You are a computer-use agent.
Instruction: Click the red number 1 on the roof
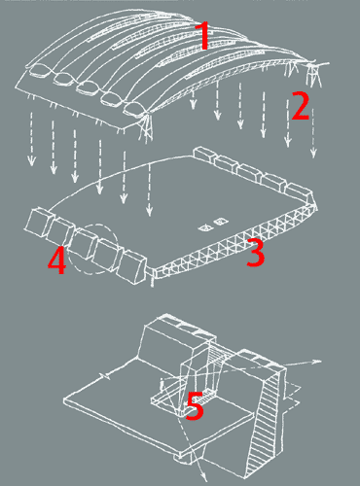pos(203,36)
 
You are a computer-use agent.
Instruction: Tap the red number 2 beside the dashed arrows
pos(301,105)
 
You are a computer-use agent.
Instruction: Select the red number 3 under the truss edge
pos(256,253)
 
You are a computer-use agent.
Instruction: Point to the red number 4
pos(57,260)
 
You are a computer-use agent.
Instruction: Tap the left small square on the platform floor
pos(205,228)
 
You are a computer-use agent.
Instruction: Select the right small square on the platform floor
pos(221,222)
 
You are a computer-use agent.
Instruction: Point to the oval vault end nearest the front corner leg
pos(134,109)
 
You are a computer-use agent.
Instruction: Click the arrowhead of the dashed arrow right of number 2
pos(313,153)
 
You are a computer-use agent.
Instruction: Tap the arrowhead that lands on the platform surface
pos(149,211)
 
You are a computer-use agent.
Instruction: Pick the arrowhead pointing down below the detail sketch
pos(203,477)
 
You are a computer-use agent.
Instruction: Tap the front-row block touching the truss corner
pos(132,267)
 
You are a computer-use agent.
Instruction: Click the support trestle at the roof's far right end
pos(313,75)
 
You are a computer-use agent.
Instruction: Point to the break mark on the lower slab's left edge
pos(105,376)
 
